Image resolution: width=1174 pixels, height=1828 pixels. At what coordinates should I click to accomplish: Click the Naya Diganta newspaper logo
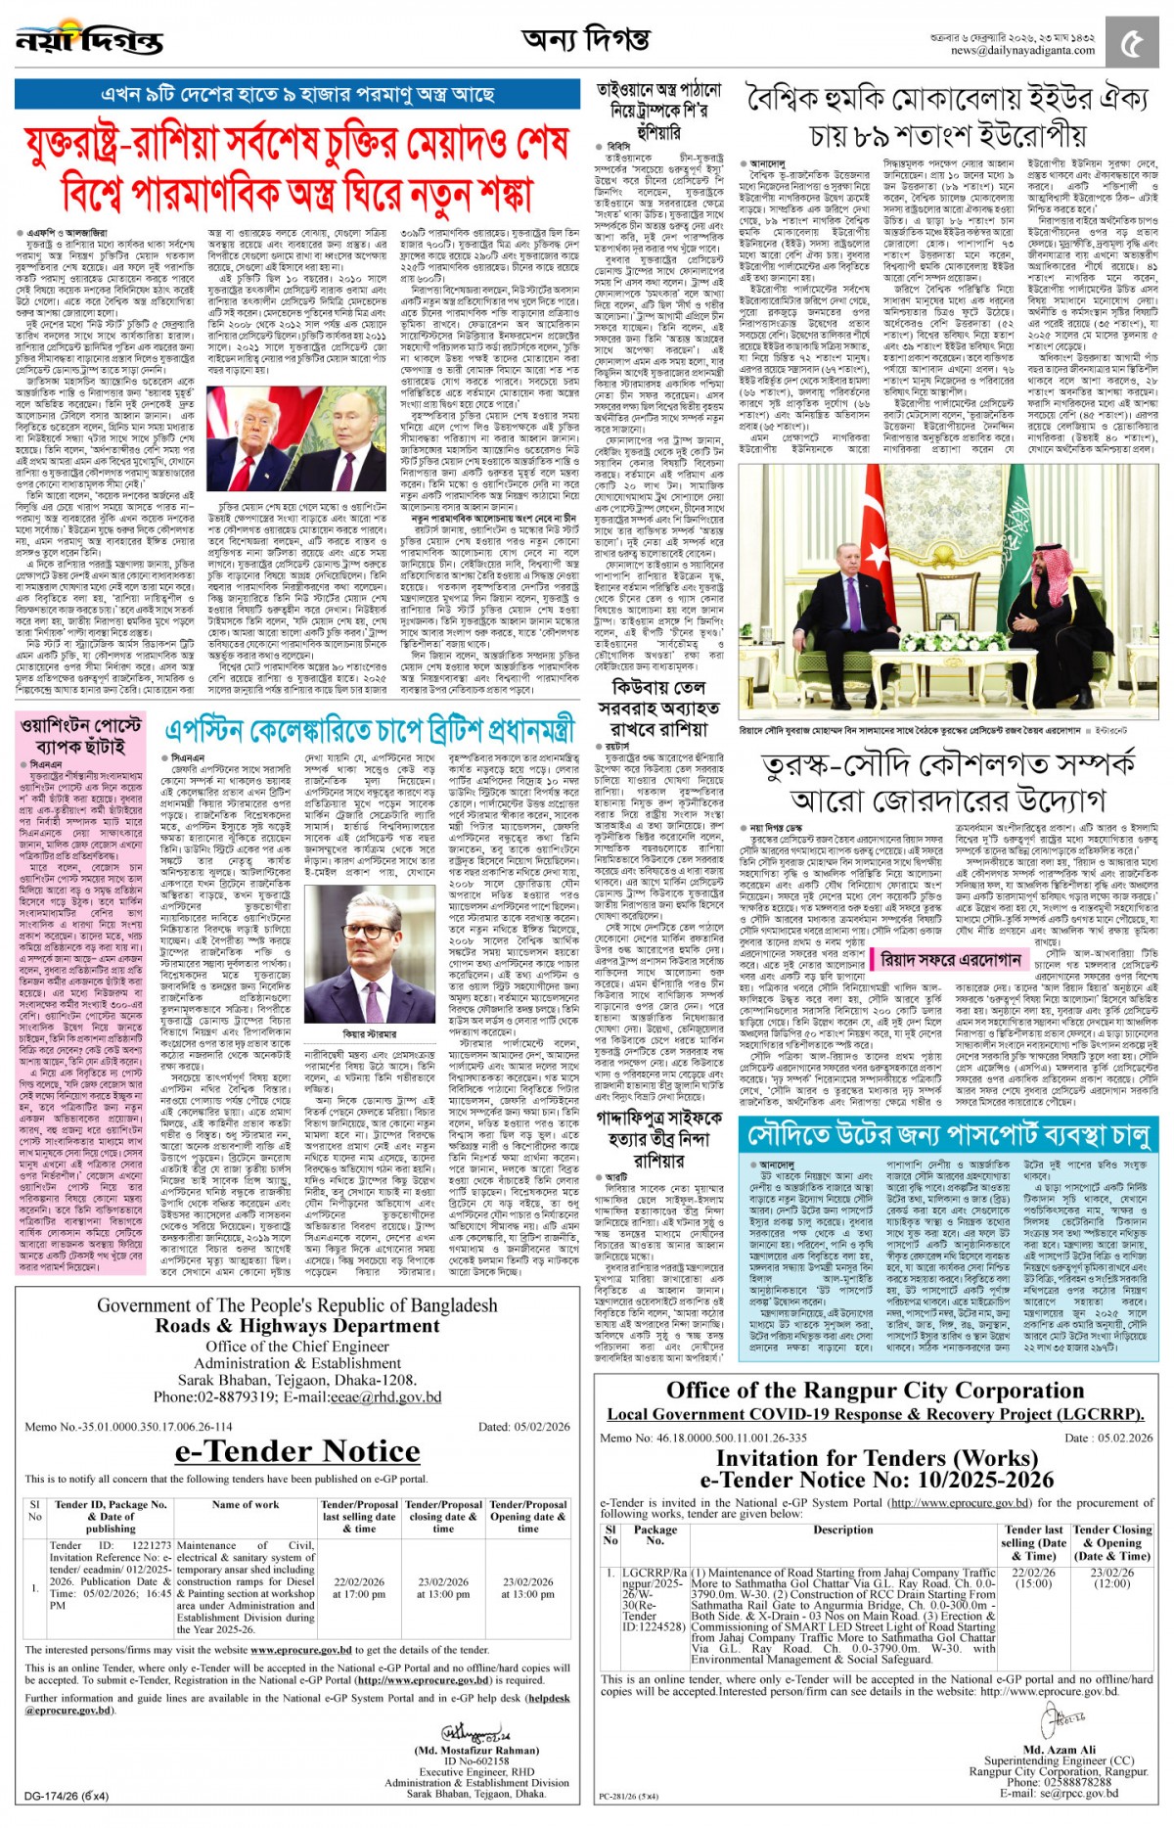coord(90,41)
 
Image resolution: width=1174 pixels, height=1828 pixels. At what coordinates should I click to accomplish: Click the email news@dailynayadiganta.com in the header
coord(1022,51)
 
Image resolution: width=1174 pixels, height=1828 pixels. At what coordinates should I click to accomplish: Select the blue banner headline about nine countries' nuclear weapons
coord(297,95)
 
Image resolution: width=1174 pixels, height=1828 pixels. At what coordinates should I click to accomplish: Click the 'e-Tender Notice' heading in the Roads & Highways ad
coord(297,1451)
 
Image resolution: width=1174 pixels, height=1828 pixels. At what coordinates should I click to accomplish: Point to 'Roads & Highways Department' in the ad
coord(297,1326)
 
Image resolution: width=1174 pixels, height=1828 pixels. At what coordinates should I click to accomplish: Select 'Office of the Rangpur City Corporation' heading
coord(875,1391)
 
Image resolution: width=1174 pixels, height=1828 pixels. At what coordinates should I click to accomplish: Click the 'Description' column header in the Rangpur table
coord(842,1530)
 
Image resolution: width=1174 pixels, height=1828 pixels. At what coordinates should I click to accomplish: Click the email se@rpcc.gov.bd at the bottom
coord(1060,1793)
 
